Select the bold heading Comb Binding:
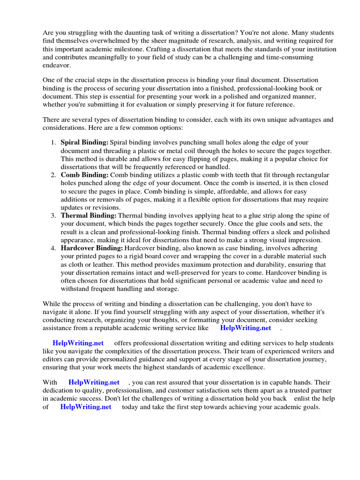point(84,175)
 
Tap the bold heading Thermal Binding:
point(89,215)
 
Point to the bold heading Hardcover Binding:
point(92,248)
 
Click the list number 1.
point(53,142)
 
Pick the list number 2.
point(53,175)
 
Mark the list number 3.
point(53,215)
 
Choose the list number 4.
point(53,248)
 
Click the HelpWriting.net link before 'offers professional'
point(78,343)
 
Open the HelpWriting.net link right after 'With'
point(94,382)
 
